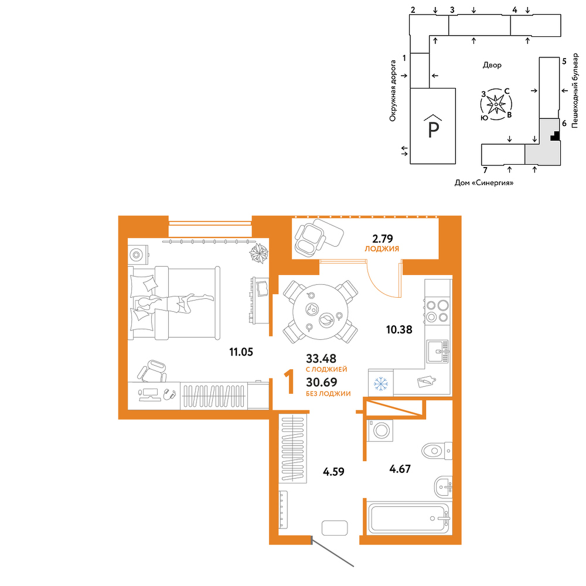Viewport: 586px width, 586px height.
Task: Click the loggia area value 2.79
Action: [382, 238]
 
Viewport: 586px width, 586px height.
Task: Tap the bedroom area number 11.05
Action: [241, 352]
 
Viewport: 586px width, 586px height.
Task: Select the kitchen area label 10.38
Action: [399, 329]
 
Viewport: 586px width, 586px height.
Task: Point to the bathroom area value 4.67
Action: [400, 469]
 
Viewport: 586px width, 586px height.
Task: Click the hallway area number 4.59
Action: [334, 472]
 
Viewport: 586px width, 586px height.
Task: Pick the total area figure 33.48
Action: [321, 359]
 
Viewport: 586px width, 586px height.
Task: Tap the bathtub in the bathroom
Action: [409, 518]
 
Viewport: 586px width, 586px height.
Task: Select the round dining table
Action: [321, 312]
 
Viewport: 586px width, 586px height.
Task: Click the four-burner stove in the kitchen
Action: [438, 311]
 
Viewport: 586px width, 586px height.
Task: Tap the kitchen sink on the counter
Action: [438, 351]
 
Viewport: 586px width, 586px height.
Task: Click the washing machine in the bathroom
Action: [380, 431]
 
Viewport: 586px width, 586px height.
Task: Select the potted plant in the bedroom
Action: [259, 253]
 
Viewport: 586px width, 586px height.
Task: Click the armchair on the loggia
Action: [309, 240]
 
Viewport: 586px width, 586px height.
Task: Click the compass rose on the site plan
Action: [496, 104]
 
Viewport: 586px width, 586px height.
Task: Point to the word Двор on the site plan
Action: [492, 65]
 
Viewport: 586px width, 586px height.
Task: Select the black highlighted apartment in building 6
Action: [556, 136]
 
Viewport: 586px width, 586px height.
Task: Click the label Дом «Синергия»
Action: [484, 183]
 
